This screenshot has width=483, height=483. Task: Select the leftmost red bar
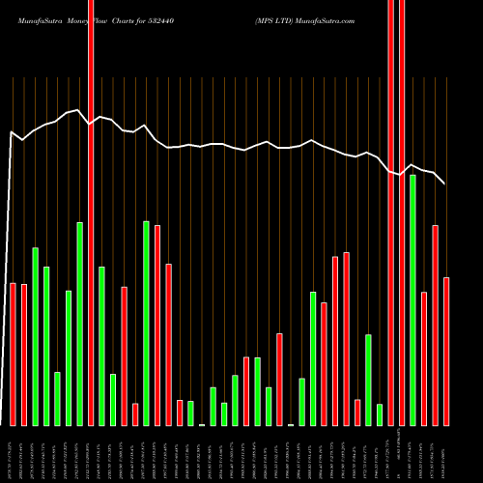click(14, 354)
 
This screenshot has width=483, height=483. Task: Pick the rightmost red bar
click(446, 351)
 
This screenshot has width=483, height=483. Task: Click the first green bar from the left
click(36, 336)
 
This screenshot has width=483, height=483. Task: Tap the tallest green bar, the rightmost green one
click(412, 299)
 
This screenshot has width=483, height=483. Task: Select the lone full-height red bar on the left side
click(91, 213)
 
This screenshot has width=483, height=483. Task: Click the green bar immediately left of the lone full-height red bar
click(80, 324)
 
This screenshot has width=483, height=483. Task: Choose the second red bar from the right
click(435, 325)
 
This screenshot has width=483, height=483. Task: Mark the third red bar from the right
click(424, 358)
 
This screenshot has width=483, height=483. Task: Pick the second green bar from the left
click(46, 346)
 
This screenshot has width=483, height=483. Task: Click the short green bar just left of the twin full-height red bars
click(380, 414)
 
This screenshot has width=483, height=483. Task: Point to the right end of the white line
click(444, 184)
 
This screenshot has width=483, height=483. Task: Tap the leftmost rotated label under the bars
click(14, 453)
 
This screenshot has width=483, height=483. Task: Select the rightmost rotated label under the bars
click(446, 453)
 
